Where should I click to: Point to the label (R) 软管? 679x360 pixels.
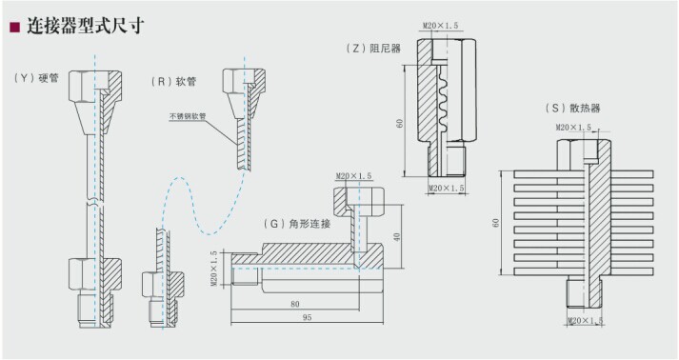coord(174,83)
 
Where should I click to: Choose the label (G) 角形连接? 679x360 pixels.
coord(298,224)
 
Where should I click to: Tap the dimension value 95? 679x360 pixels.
coord(306,318)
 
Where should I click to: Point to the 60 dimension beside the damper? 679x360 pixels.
coord(401,123)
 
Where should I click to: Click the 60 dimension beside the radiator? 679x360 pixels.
coord(495,222)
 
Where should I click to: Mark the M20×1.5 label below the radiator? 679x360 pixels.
coord(585,321)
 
